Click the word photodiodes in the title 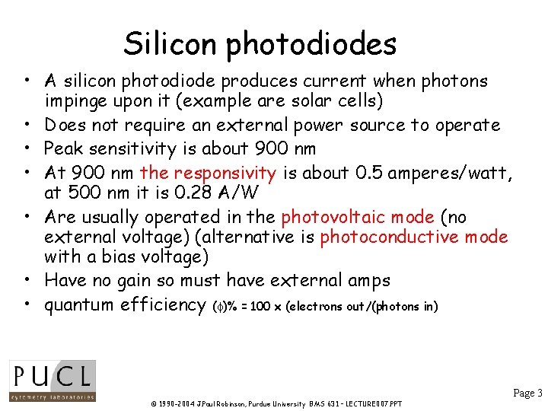[311, 45]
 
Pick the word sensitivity [137, 148]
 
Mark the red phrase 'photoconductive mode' [414, 237]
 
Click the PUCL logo [53, 380]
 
